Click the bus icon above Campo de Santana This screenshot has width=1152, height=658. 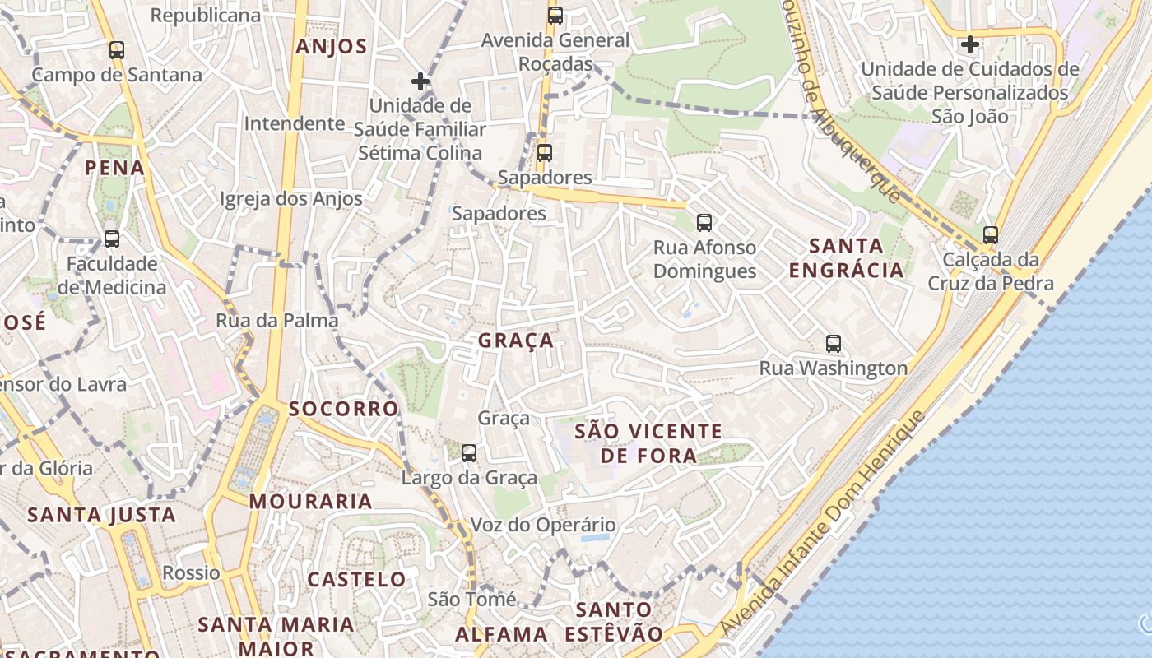pos(117,50)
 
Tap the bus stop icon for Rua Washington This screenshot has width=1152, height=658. pos(834,344)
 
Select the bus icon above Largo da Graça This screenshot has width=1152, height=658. pos(469,452)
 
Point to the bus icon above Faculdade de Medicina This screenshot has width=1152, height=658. pos(112,239)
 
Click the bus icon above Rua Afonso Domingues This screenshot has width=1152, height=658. pos(704,222)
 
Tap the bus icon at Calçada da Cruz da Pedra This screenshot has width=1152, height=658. pos(991,235)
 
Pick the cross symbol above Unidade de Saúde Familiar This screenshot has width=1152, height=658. pos(420,81)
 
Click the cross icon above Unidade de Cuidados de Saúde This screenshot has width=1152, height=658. pos(970,44)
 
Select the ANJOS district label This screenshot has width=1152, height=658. pos(332,46)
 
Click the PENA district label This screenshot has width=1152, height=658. pos(115,169)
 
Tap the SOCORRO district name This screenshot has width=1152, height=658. pos(343,409)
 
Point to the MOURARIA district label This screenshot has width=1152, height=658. pos(311,501)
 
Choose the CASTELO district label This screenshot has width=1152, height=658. pos(357,579)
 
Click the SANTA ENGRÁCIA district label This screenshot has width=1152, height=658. pos(847,257)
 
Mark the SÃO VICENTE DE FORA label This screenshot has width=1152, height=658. pos(648,443)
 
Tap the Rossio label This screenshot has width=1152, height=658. pos(192,572)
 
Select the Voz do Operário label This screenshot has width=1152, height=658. pos(543,525)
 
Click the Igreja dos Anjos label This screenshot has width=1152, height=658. pos(291,199)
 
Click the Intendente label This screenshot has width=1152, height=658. pos(295,123)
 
